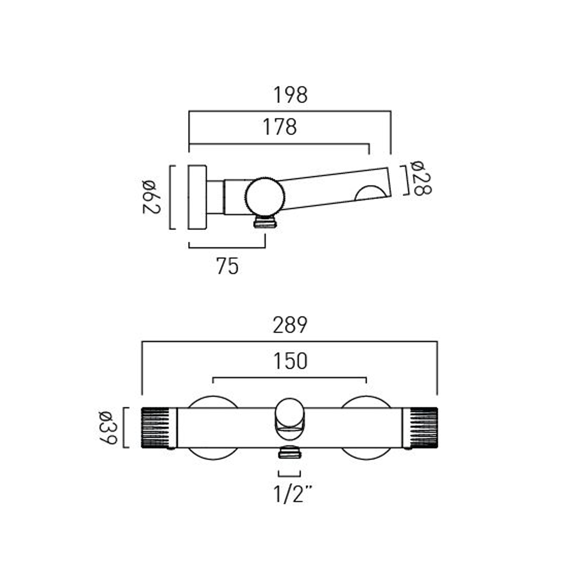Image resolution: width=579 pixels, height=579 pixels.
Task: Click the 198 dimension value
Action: click(x=291, y=95)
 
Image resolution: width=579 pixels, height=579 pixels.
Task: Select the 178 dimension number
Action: click(x=280, y=127)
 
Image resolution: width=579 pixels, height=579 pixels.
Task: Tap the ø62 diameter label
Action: click(x=151, y=197)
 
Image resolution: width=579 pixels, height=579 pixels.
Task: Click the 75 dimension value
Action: click(x=227, y=266)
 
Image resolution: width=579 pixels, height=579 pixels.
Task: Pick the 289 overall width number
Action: click(x=290, y=325)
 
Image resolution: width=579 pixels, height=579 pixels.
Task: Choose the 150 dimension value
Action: click(x=290, y=361)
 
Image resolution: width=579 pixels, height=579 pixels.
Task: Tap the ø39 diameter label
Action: click(x=107, y=428)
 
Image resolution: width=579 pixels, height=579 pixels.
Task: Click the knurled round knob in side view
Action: click(x=265, y=196)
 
